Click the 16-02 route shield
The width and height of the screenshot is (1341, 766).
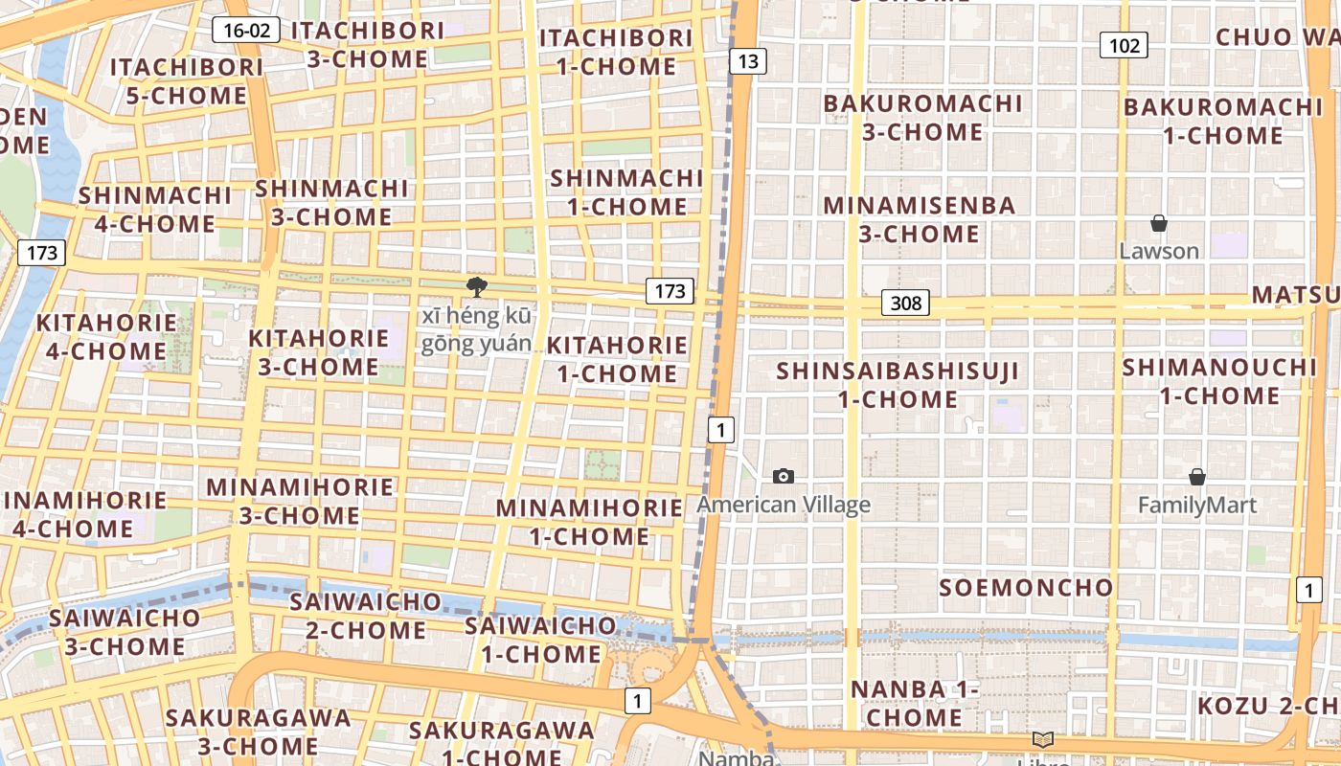246,30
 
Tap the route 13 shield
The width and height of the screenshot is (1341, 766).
747,61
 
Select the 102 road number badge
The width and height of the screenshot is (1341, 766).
1124,45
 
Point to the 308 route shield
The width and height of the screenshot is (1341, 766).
904,304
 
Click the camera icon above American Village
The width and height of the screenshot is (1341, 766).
784,476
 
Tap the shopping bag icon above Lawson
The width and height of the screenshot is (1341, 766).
1159,223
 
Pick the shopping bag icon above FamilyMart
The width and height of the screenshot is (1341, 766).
1196,477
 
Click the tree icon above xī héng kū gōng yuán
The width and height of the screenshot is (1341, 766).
476,286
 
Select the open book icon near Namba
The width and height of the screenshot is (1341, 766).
1043,739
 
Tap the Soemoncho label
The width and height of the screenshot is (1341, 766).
1026,588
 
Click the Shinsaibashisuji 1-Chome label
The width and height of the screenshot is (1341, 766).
898,385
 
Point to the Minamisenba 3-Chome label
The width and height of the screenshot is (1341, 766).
919,219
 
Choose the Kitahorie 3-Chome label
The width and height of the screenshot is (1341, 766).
319,352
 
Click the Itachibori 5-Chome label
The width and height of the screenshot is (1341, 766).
186,81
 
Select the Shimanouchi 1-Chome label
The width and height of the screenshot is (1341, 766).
1219,381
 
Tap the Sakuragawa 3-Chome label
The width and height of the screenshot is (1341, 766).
259,732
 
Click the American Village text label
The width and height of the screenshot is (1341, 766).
784,505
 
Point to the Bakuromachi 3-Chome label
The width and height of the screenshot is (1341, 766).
923,117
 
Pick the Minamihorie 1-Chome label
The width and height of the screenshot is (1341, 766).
589,522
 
